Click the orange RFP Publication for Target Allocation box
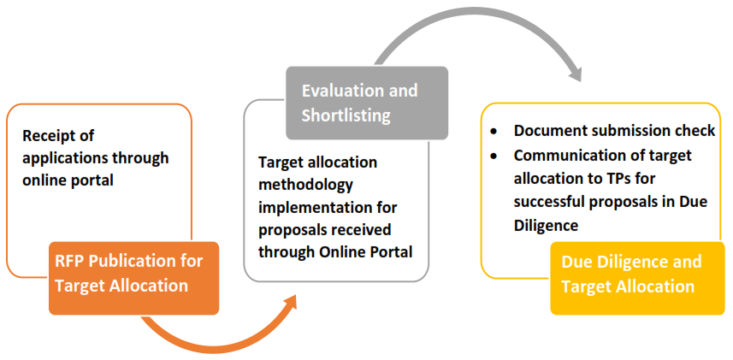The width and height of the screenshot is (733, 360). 133,278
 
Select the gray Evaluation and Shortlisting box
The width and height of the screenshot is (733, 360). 367,103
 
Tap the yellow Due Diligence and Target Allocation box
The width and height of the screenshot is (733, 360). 638,278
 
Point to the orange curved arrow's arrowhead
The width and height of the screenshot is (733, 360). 288,304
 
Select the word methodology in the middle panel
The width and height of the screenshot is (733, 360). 305,186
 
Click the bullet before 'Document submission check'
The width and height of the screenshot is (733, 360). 494,133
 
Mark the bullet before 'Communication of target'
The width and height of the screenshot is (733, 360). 494,156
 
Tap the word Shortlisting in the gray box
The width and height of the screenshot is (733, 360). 346,116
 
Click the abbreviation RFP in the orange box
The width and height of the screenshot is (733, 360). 69,261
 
